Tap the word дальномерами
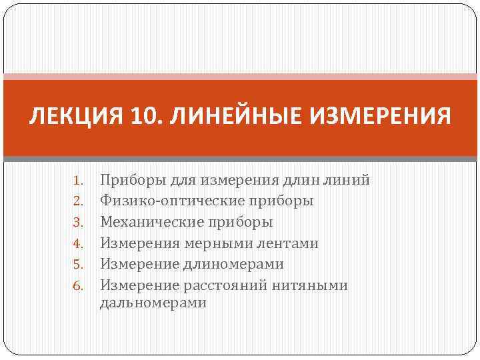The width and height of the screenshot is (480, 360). pyautogui.click(x=153, y=303)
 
